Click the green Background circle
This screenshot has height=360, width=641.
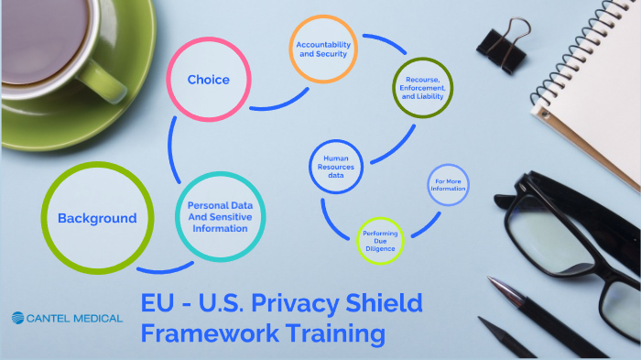pos(96,218)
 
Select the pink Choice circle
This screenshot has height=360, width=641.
pos(208,80)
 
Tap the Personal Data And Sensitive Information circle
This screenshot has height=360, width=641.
pos(219,216)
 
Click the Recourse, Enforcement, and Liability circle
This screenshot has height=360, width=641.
pos(423,90)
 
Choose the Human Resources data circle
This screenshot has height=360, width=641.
pos(335,167)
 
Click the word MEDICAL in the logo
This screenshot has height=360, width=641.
pos(99,319)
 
